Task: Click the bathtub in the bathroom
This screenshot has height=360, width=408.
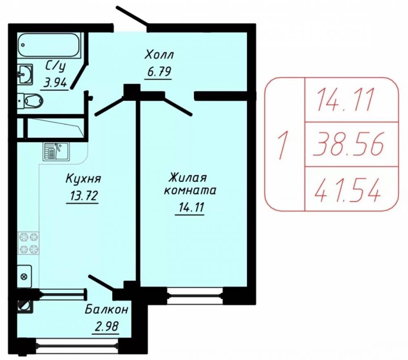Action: pos(49,45)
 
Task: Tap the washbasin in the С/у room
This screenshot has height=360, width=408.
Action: pos(25,74)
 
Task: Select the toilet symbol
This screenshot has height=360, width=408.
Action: pos(30,100)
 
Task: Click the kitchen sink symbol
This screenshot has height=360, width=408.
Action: pos(56,151)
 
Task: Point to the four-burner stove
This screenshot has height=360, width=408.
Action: pos(29,243)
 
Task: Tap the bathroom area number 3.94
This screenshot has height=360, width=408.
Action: pos(55,83)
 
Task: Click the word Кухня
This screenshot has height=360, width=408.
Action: pos(83,179)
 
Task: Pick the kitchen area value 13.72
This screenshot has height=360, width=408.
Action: pos(83,196)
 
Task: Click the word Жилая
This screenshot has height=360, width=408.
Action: pos(188,179)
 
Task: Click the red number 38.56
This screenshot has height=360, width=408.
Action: pos(348,144)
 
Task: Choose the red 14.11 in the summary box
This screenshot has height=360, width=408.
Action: pos(345,99)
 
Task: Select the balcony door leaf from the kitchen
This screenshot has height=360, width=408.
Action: pos(102,283)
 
